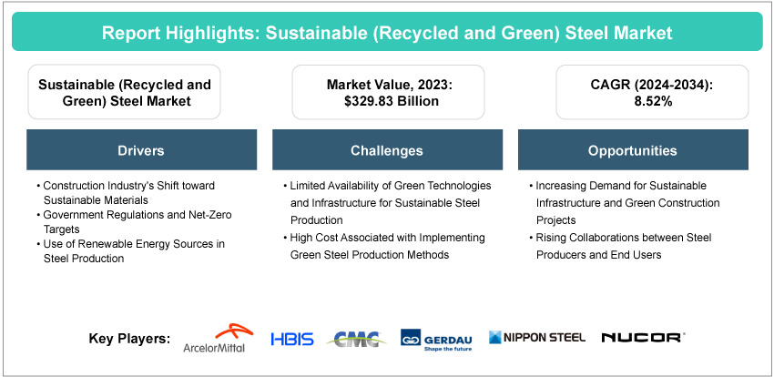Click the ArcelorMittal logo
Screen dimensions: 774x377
(x=214, y=339)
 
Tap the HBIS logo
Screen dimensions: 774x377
(x=292, y=339)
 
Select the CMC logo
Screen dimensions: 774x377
(x=357, y=339)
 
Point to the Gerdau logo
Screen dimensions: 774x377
(x=436, y=340)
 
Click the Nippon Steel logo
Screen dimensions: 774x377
(x=537, y=338)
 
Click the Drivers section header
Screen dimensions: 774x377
(x=142, y=150)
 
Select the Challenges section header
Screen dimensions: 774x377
(x=387, y=150)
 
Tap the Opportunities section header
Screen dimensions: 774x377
(x=633, y=150)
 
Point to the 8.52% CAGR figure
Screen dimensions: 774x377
(x=652, y=101)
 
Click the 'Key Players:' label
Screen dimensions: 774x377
(x=130, y=339)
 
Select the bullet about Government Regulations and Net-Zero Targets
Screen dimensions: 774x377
(x=134, y=222)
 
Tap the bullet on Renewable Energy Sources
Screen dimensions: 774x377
(x=130, y=251)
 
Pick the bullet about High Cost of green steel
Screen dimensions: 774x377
(x=384, y=246)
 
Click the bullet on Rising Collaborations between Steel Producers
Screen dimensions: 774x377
(x=620, y=246)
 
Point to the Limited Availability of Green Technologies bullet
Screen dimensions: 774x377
(x=387, y=203)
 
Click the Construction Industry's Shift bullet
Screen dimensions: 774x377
(x=126, y=193)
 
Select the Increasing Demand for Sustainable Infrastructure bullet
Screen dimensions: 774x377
(x=624, y=203)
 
